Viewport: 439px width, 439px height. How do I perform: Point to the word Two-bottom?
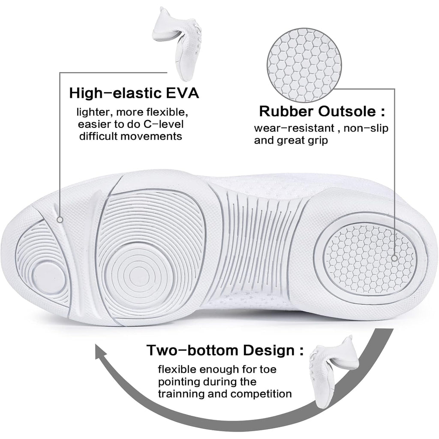coord(192,350)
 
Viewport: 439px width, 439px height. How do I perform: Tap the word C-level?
coord(163,124)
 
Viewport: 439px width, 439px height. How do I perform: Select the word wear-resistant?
coord(294,128)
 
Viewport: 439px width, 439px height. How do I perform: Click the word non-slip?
coord(366,129)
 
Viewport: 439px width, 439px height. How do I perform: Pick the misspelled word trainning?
coord(181,394)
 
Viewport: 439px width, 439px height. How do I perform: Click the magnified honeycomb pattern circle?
coord(304,65)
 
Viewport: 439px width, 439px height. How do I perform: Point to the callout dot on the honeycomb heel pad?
coord(394,258)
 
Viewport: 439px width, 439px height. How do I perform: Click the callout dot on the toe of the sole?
coord(60,220)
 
